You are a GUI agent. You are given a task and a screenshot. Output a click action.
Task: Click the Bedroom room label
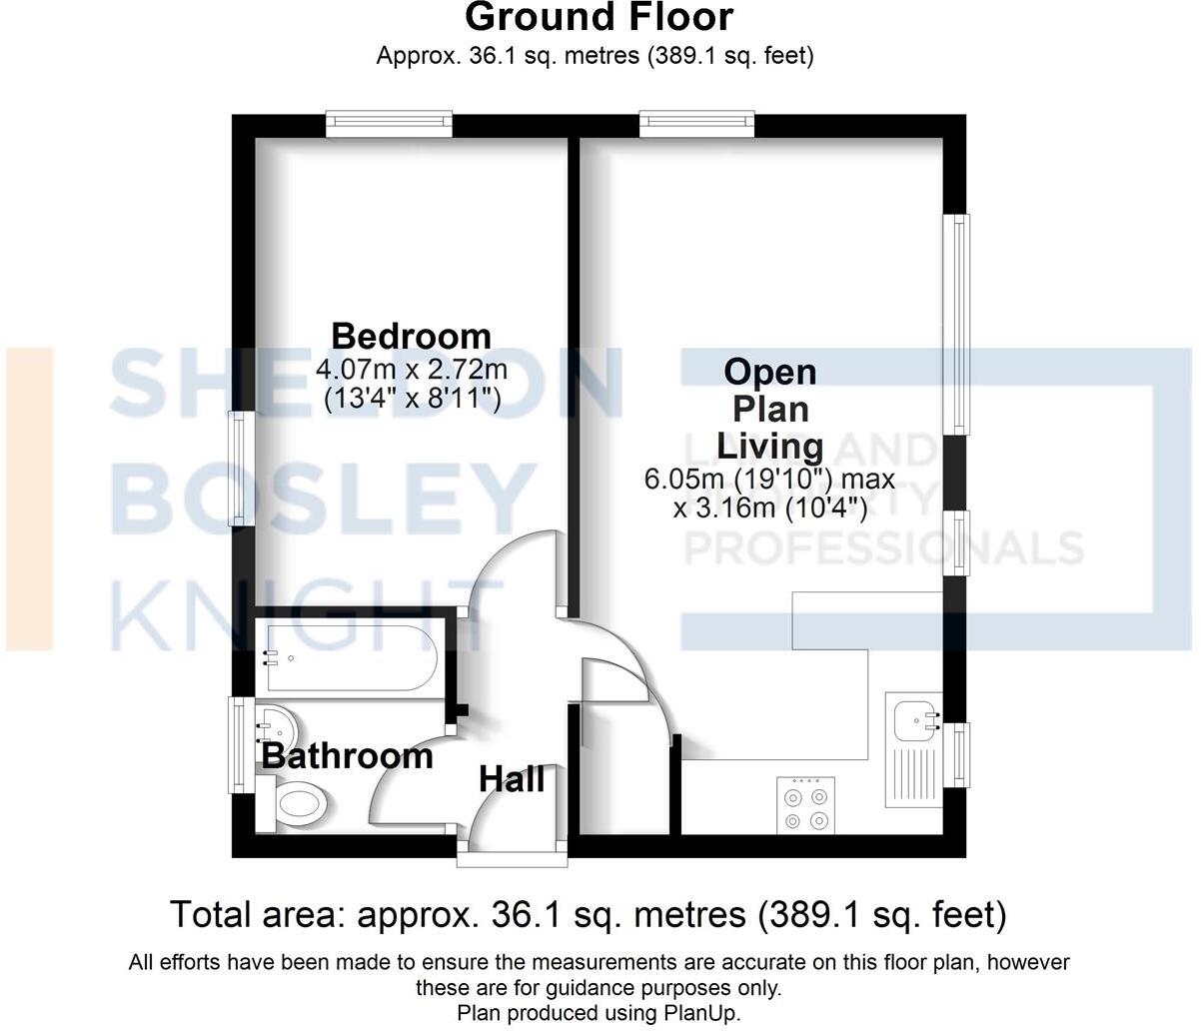pyautogui.click(x=411, y=336)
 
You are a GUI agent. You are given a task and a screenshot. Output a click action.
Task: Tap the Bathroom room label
pyautogui.click(x=347, y=756)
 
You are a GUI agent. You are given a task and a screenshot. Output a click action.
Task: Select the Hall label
pyautogui.click(x=512, y=778)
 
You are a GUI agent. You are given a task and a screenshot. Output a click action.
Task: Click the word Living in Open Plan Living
pyautogui.click(x=769, y=446)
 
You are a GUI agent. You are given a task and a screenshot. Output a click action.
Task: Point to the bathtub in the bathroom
pyautogui.click(x=347, y=657)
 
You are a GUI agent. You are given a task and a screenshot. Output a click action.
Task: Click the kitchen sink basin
pyautogui.click(x=912, y=716)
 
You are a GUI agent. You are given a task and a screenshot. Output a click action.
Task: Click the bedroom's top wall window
pyautogui.click(x=389, y=124)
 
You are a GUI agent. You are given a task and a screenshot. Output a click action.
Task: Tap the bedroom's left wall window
pyautogui.click(x=239, y=468)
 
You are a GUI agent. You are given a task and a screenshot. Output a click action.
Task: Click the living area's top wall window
pyautogui.click(x=695, y=123)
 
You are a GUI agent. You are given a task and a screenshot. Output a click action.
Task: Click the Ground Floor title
pyautogui.click(x=600, y=17)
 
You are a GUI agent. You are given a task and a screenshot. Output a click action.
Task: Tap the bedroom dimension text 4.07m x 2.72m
pyautogui.click(x=411, y=369)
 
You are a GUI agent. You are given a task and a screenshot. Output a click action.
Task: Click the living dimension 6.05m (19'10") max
pyautogui.click(x=769, y=480)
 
